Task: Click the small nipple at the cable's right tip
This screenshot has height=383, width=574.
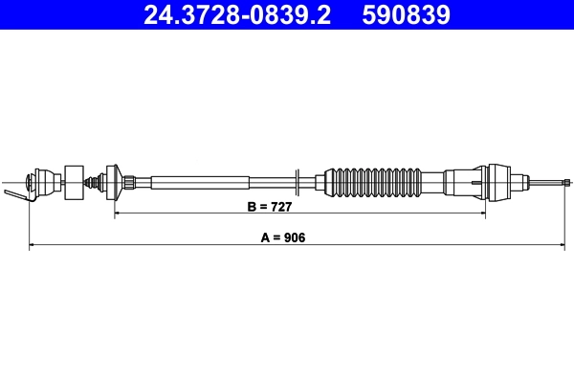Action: [x=567, y=180]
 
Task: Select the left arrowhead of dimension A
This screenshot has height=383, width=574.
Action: [x=33, y=247]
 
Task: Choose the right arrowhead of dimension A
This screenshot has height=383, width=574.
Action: [x=563, y=247]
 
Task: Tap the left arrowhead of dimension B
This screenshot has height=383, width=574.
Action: [x=119, y=214]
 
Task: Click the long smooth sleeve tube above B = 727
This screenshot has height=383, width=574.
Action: [x=201, y=180]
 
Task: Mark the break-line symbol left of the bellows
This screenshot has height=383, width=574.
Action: [x=299, y=180]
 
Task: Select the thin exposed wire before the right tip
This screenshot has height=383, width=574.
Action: [x=545, y=180]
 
